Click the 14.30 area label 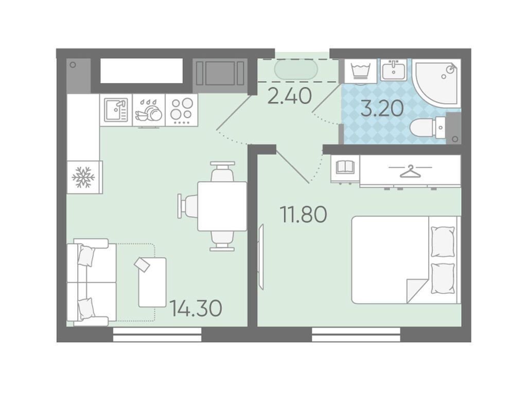coord(196,309)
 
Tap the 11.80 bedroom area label coord(304,214)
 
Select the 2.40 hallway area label coord(289,96)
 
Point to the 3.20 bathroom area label coord(382,109)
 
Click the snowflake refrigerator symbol coord(83,177)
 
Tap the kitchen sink coord(116,110)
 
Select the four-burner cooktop coord(182,110)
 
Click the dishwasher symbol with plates coord(149,111)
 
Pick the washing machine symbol coord(360,71)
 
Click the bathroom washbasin coord(394,70)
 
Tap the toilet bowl coord(428,128)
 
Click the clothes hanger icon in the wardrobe coord(410,171)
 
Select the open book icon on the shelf coord(345,167)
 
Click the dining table coord(222,206)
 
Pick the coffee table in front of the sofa coord(152,282)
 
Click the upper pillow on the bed coord(443,242)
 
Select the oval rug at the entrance coord(296,70)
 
